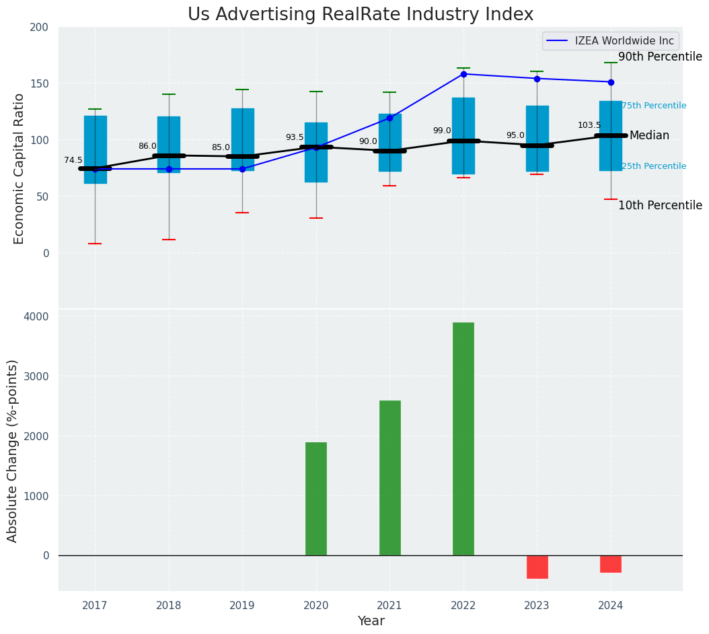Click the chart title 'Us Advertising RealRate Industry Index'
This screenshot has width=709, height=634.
pyautogui.click(x=360, y=15)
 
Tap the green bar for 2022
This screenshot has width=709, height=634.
pyautogui.click(x=463, y=439)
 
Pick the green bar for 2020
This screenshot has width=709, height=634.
pyautogui.click(x=316, y=499)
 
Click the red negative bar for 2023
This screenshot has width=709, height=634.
pyautogui.click(x=537, y=567)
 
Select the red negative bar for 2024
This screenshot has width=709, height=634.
pyautogui.click(x=611, y=564)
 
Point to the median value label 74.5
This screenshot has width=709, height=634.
pyautogui.click(x=73, y=160)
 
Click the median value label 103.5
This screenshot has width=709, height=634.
pyautogui.click(x=589, y=125)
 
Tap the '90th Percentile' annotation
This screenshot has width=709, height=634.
pyautogui.click(x=660, y=57)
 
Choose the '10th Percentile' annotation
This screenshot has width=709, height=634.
pyautogui.click(x=660, y=205)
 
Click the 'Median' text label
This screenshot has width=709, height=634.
pyautogui.click(x=649, y=136)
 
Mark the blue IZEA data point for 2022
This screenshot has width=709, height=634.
pyautogui.click(x=463, y=74)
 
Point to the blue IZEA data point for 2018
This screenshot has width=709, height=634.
pyautogui.click(x=169, y=169)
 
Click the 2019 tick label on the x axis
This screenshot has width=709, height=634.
pyautogui.click(x=242, y=606)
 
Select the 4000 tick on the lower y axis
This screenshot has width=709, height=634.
pyautogui.click(x=38, y=316)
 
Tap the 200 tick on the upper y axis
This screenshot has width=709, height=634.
pyautogui.click(x=39, y=27)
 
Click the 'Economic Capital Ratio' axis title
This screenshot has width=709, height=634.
pyautogui.click(x=19, y=168)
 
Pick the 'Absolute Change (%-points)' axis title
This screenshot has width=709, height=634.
pyautogui.click(x=13, y=450)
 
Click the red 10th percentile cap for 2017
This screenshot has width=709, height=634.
pyautogui.click(x=95, y=244)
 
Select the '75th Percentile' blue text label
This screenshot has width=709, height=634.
pyautogui.click(x=654, y=106)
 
